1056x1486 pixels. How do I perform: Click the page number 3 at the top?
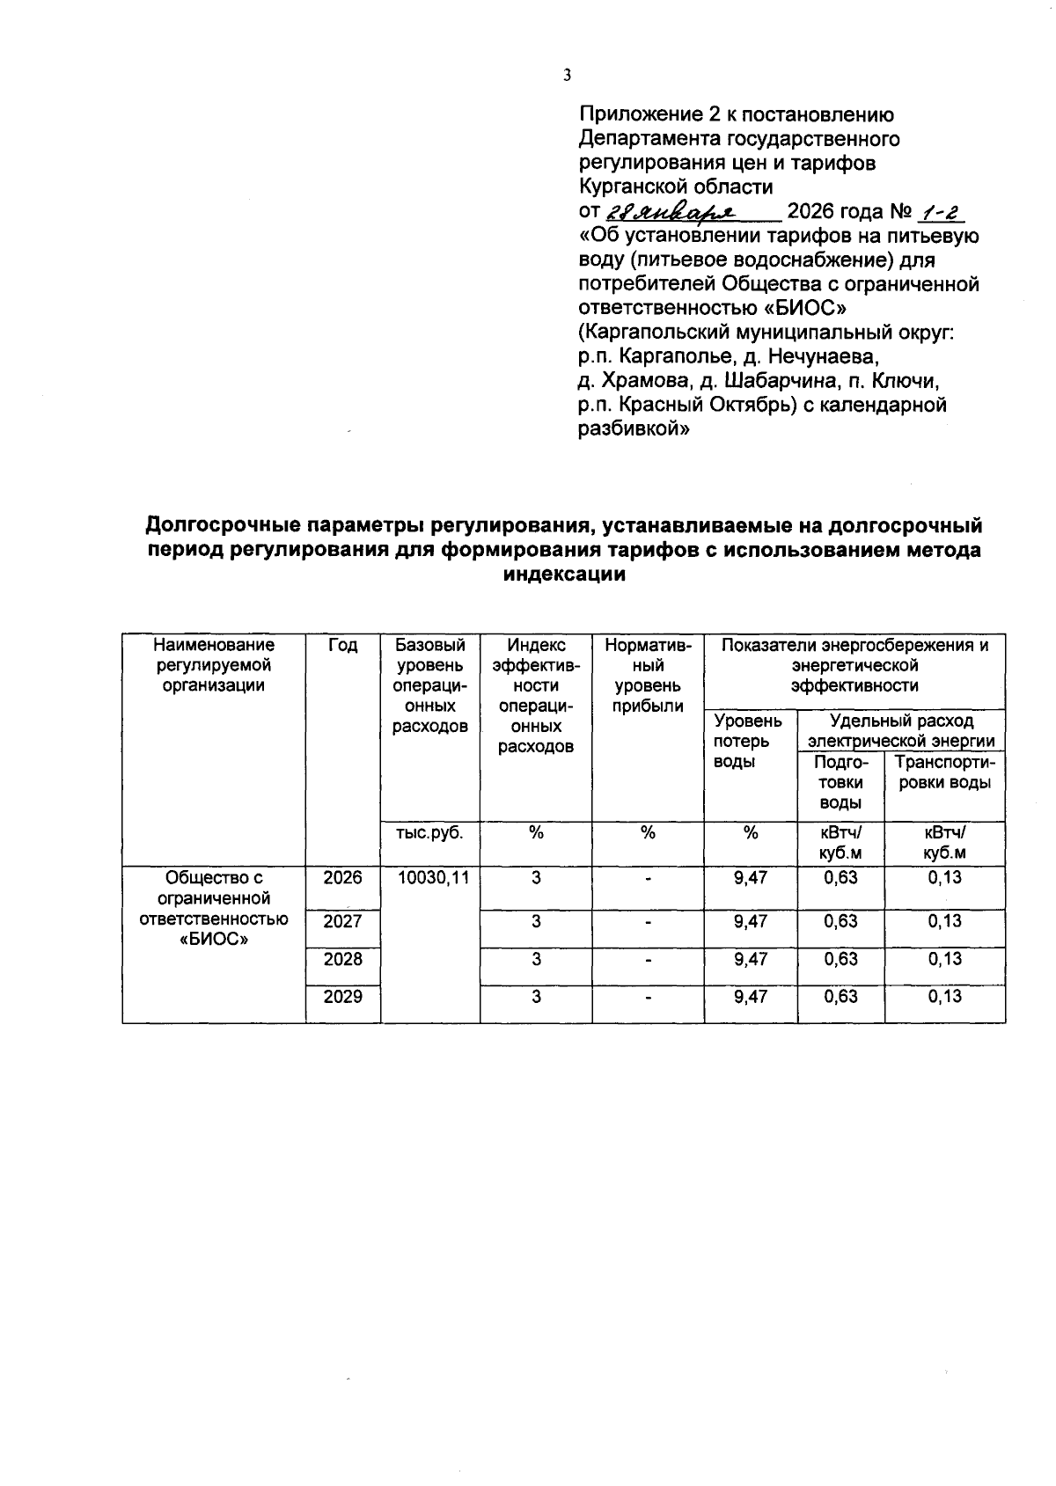(x=567, y=76)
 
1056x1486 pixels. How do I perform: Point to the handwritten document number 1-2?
(x=941, y=213)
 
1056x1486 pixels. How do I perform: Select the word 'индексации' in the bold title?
(x=563, y=575)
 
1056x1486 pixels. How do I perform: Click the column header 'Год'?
(x=342, y=646)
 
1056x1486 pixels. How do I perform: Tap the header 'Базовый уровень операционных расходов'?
(x=429, y=685)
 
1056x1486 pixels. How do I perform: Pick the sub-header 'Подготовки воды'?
(x=840, y=782)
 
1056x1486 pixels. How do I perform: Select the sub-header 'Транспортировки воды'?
(x=944, y=772)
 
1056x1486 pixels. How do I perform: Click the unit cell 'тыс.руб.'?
(x=429, y=833)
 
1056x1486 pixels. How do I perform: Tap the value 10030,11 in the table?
(x=429, y=878)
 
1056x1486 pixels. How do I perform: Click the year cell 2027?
(x=342, y=922)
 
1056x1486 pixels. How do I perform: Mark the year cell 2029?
(x=342, y=997)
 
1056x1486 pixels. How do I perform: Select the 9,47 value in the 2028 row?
(x=751, y=959)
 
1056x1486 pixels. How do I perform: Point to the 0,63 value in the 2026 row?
(x=840, y=878)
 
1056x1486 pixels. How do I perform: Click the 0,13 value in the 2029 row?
(x=944, y=997)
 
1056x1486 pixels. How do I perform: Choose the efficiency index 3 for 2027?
(x=535, y=922)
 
